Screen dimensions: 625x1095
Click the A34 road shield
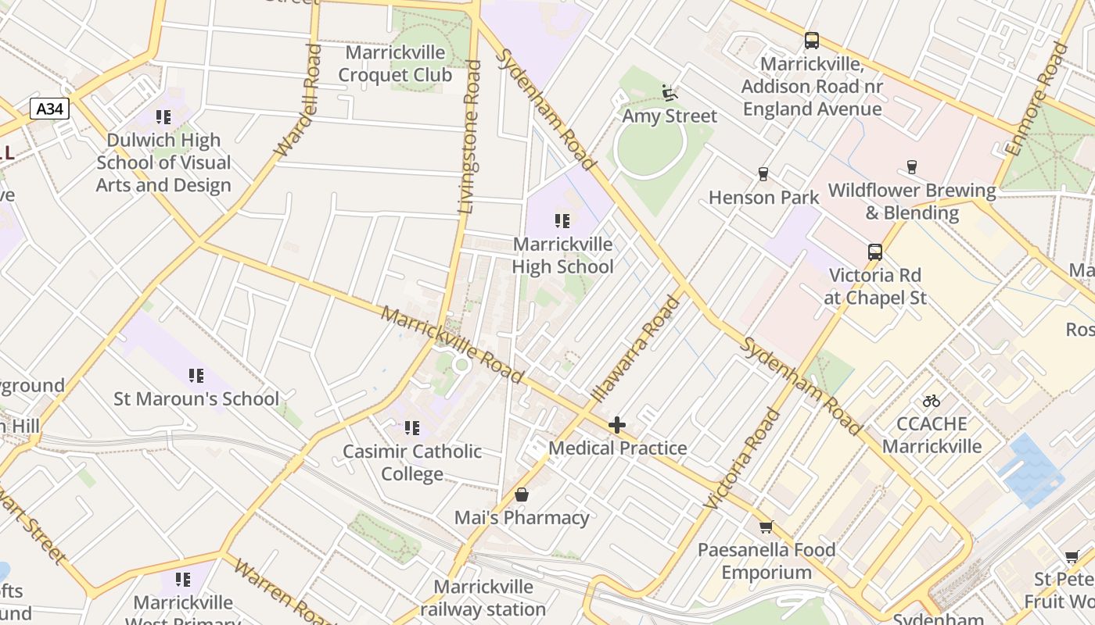tap(50, 109)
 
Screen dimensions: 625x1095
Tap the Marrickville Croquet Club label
tap(395, 64)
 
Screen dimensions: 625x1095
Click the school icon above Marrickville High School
tap(562, 221)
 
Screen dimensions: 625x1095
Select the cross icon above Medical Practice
tap(617, 425)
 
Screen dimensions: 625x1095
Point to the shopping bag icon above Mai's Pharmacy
tap(522, 495)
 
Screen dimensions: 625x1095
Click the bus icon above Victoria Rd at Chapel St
tap(875, 252)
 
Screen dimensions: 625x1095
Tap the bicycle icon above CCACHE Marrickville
tap(931, 402)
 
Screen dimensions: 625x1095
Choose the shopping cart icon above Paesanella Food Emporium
tap(766, 527)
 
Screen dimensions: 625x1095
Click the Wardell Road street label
tap(298, 100)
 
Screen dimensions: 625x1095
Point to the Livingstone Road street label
tap(469, 137)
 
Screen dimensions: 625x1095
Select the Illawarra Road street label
tap(636, 348)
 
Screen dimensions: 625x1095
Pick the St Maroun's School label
tap(196, 398)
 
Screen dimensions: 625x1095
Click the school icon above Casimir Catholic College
tap(412, 428)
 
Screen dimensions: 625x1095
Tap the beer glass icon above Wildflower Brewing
tap(911, 166)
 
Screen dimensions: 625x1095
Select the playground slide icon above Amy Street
tap(670, 93)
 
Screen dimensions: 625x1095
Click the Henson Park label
tap(763, 198)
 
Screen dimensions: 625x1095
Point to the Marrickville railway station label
tap(483, 598)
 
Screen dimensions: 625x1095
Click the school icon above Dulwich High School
tap(163, 117)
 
